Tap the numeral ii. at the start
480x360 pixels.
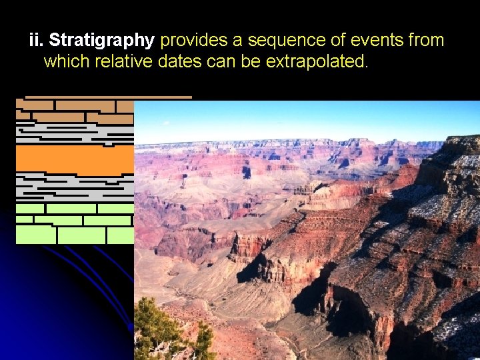37,41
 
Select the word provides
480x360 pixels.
194,41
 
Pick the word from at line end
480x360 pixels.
426,41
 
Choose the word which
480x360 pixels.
67,62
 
